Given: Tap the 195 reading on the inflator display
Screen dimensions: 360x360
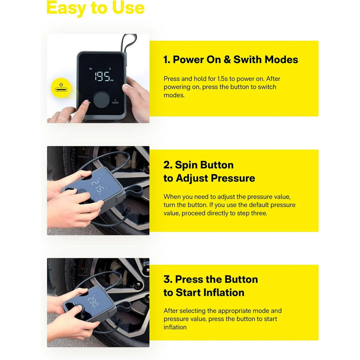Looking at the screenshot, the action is tap(103, 76).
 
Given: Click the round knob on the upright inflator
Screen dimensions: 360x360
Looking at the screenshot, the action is tap(101, 100).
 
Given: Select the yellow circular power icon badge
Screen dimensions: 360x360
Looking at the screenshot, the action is tap(61, 88).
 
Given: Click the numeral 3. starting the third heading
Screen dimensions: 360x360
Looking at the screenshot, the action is tap(168, 279).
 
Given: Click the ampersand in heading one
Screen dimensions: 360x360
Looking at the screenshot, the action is tap(227, 59).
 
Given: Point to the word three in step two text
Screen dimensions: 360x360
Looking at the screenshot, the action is tap(259, 213).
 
